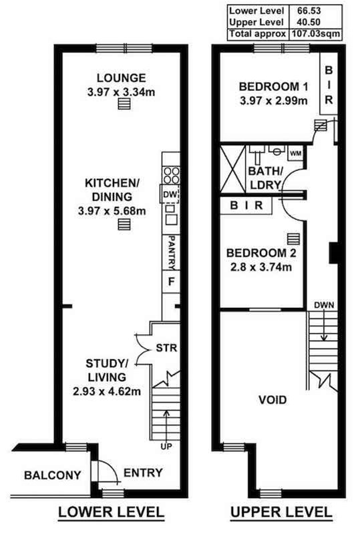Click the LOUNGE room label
coord(122,78)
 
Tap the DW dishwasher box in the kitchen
coord(170,195)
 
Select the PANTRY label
coord(172,252)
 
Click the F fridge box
coord(171,282)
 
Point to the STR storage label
coord(166,348)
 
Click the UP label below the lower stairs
coord(166,446)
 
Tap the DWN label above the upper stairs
coord(324,305)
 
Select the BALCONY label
coord(53,475)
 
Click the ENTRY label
coord(143,473)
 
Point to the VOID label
coord(273,399)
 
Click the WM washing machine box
coord(296,154)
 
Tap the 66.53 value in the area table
coord(309,11)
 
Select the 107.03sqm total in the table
coord(315,34)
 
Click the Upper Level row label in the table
coord(256,22)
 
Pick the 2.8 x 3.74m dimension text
coord(261,267)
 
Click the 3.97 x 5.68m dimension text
coord(112,211)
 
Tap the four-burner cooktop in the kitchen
coord(172,175)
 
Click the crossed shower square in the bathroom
coord(233,169)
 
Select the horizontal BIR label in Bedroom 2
coord(246,206)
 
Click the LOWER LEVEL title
coord(112,513)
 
